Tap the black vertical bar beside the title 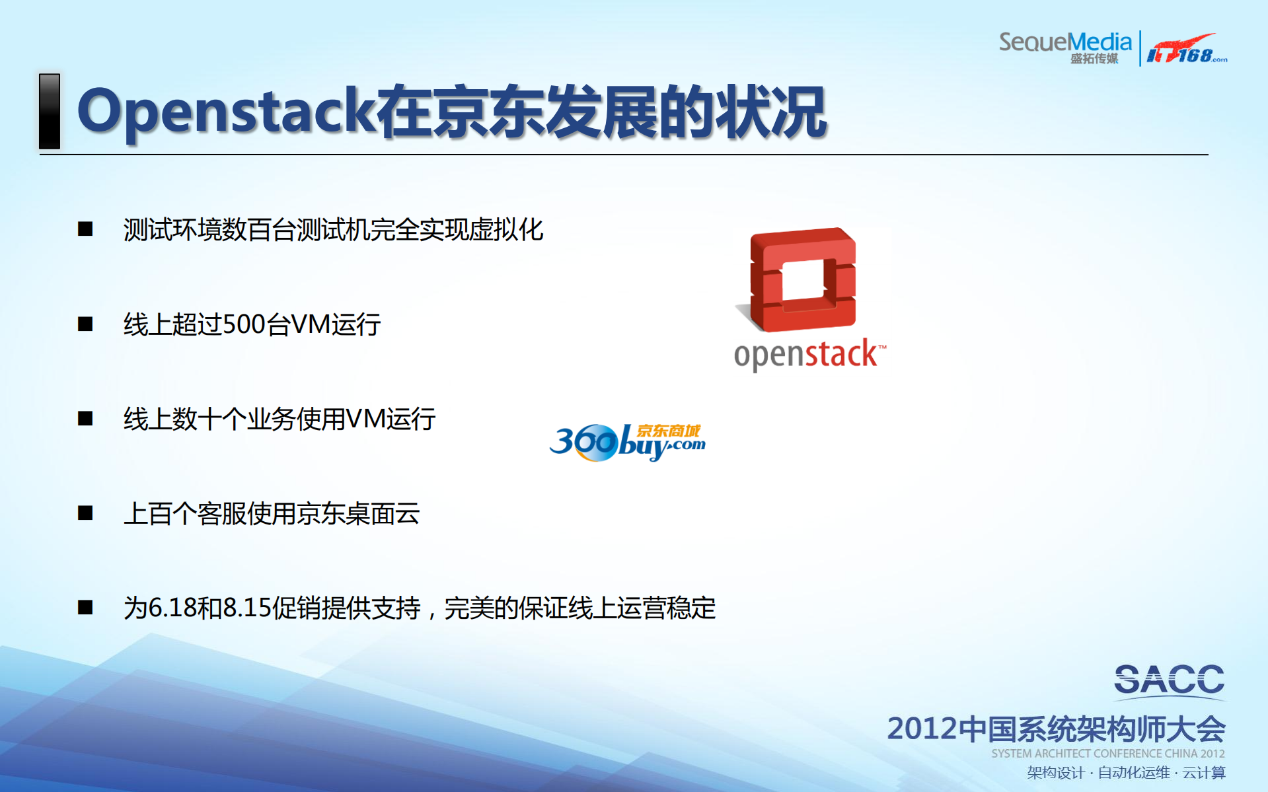click(x=50, y=111)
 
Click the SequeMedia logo click(x=1065, y=48)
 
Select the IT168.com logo click(x=1187, y=49)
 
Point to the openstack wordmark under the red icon click(x=810, y=355)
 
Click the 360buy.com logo click(x=627, y=442)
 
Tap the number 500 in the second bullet click(x=244, y=324)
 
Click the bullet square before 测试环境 click(x=85, y=229)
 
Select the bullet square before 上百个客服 click(x=85, y=513)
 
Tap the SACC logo click(x=1170, y=681)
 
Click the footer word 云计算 click(x=1204, y=773)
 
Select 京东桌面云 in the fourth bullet click(x=358, y=513)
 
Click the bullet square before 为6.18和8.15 click(x=85, y=608)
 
